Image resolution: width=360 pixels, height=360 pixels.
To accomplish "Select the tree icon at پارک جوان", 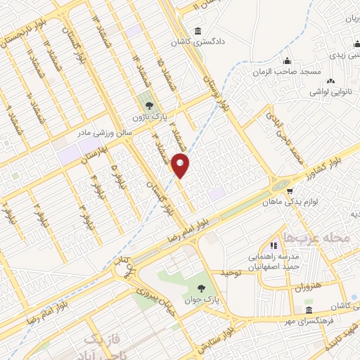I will pos(202,288).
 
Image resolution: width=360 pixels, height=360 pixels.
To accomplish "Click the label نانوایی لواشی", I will pos(328,92).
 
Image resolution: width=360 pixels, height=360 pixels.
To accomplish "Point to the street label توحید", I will pos(232,271).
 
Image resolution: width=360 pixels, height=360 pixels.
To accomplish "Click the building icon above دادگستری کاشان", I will pos(197,31).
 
